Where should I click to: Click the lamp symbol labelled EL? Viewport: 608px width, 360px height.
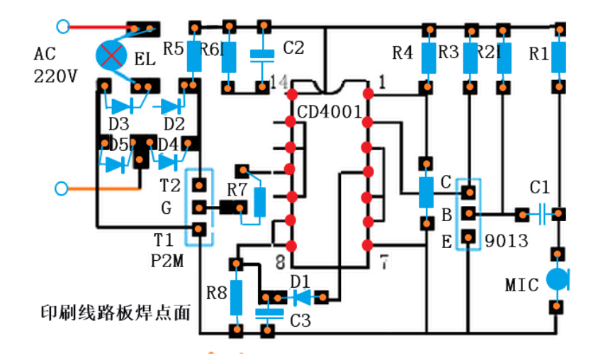point(111,54)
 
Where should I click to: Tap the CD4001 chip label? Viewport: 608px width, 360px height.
point(330,113)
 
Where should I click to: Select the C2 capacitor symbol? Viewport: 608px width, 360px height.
point(263,54)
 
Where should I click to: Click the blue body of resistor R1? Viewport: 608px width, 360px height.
point(560,57)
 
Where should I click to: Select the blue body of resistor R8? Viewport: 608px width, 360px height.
point(235,297)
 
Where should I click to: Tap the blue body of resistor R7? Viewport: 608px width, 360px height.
point(260,202)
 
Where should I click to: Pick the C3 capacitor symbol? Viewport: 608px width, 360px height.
point(266,313)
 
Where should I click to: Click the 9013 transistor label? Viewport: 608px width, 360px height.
point(506,241)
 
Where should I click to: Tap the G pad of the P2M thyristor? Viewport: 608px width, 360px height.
point(200,208)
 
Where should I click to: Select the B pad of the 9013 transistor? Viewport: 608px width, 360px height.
point(468,213)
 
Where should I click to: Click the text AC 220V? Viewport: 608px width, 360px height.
point(55,65)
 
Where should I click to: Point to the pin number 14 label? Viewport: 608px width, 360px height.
point(278,84)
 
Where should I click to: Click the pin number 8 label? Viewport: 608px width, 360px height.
point(281,261)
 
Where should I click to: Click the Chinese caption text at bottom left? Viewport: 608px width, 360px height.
point(115,312)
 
